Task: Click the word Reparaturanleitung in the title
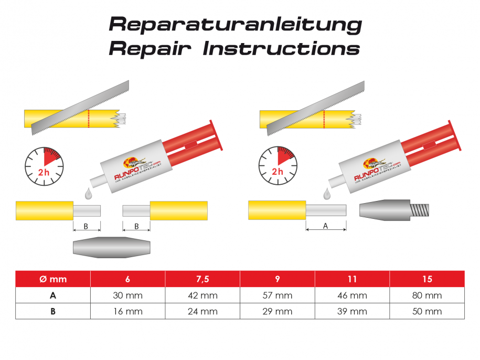pyautogui.click(x=234, y=24)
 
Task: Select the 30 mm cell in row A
pyautogui.click(x=127, y=295)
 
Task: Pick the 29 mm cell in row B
pyautogui.click(x=277, y=311)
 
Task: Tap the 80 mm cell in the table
pyautogui.click(x=426, y=295)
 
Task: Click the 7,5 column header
pyautogui.click(x=202, y=279)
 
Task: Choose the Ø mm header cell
pyautogui.click(x=53, y=279)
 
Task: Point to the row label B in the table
pyautogui.click(x=53, y=311)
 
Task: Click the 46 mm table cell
pyautogui.click(x=352, y=295)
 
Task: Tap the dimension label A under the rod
pyautogui.click(x=326, y=226)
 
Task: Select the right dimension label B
pyautogui.click(x=136, y=227)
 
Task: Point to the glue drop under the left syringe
pyautogui.click(x=87, y=195)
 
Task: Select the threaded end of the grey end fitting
pyautogui.click(x=420, y=211)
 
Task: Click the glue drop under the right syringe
pyautogui.click(x=327, y=194)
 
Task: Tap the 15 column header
pyautogui.click(x=426, y=279)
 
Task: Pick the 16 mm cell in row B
pyautogui.click(x=127, y=311)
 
